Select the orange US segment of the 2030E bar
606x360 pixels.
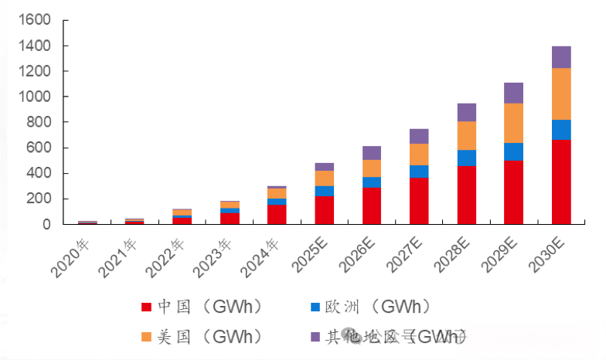(561, 93)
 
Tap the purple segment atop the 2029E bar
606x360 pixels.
(514, 93)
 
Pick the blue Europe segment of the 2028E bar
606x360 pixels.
(467, 158)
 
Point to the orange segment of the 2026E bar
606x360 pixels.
(372, 168)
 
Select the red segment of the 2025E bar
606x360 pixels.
(325, 210)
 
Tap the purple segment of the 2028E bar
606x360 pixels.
(467, 112)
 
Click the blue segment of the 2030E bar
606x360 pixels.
(561, 130)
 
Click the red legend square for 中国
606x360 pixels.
(147, 307)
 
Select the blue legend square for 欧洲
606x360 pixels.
(315, 307)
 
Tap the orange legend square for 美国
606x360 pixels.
(147, 337)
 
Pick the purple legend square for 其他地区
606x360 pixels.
(315, 337)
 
